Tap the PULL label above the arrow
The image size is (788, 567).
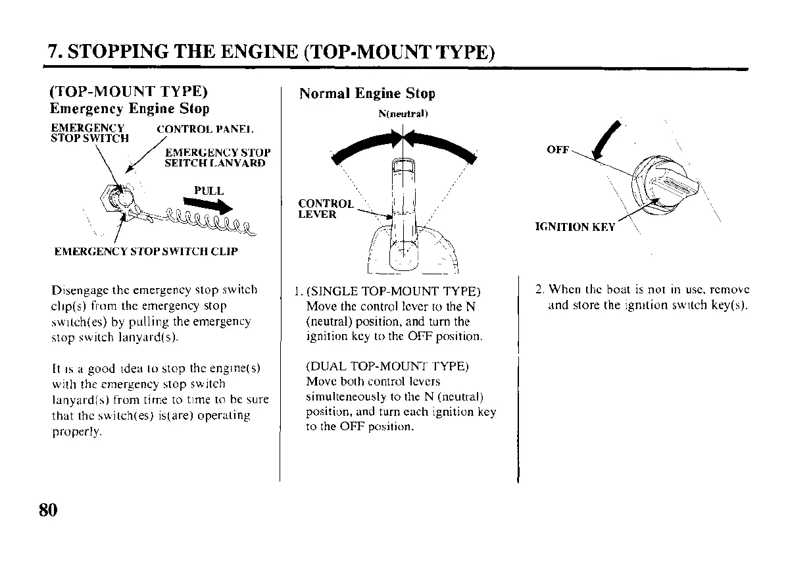209,191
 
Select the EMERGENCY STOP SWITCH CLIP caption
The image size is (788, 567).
145,251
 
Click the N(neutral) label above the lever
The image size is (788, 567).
403,113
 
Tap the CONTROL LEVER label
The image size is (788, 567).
326,209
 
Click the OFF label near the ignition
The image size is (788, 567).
558,150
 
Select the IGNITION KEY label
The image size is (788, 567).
576,227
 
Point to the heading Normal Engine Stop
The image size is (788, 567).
367,93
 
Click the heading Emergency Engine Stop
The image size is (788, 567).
130,109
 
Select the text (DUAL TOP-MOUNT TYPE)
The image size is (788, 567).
387,366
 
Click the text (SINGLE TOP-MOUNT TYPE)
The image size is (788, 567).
393,291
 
